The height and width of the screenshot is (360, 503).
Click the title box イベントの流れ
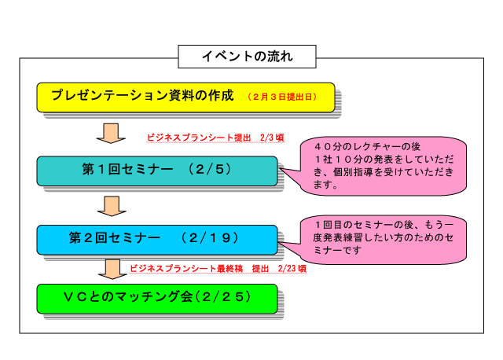[x=247, y=57]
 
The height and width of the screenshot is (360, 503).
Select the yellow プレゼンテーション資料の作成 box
[x=185, y=97]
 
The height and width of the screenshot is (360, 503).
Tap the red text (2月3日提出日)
[x=282, y=97]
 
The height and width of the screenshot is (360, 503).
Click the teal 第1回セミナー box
[x=157, y=171]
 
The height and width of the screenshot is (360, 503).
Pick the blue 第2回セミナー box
[x=157, y=240]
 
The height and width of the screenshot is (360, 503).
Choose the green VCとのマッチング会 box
[x=157, y=299]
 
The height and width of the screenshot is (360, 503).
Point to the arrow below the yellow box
[x=111, y=133]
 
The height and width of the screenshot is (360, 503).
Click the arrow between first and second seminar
[x=112, y=206]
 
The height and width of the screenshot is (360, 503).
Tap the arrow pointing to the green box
[x=112, y=269]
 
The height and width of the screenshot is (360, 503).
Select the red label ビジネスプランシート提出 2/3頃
[x=215, y=138]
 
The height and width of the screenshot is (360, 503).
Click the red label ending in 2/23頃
[x=218, y=268]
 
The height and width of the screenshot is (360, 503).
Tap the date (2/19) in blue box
[x=210, y=237]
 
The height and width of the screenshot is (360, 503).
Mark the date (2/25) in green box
[x=222, y=297]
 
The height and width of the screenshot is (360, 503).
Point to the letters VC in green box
[x=75, y=297]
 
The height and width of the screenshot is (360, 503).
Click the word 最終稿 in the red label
[x=230, y=268]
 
